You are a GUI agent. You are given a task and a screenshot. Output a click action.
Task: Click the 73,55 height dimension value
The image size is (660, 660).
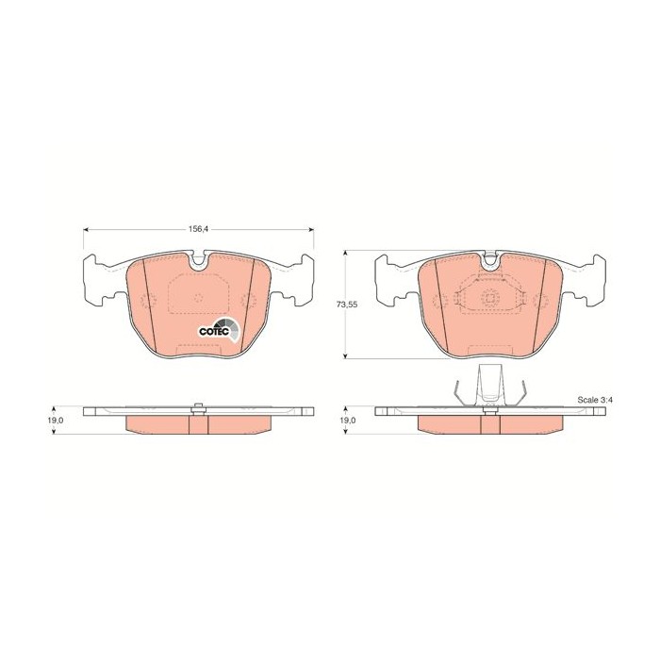tap(347, 305)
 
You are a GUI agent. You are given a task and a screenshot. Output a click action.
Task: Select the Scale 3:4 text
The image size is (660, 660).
tap(595, 400)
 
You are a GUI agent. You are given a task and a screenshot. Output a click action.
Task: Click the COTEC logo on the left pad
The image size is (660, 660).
tap(219, 329)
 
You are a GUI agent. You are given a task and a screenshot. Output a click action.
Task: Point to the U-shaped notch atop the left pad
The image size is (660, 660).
tap(197, 261)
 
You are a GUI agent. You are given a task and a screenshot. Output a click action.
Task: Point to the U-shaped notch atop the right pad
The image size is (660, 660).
tap(489, 260)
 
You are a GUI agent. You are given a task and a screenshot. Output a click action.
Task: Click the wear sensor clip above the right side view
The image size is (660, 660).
tap(489, 385)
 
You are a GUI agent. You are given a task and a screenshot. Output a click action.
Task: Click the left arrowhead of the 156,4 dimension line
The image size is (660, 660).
tap(87, 230)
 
